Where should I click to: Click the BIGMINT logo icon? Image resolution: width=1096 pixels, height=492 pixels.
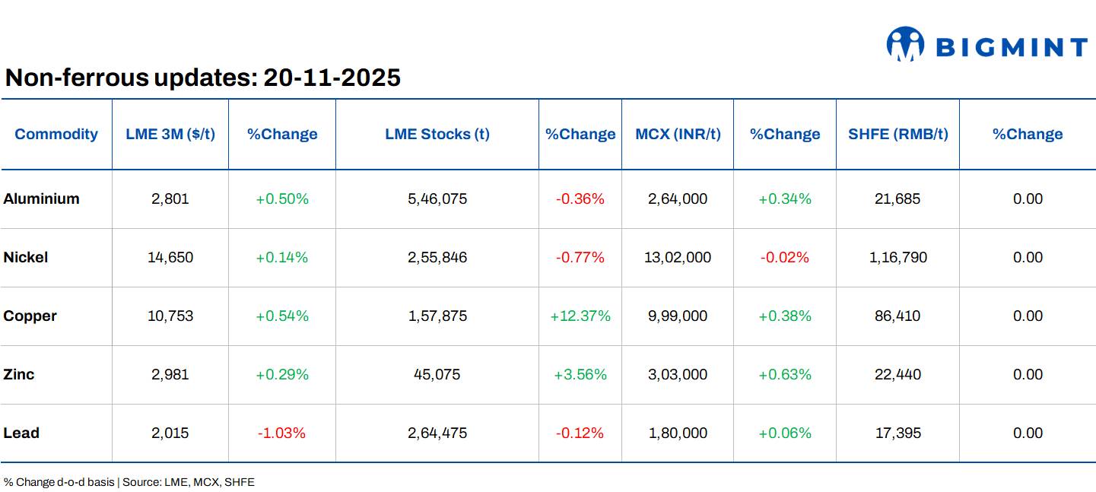pos(905,44)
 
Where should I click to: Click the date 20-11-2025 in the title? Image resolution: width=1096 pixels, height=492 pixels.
pos(332,78)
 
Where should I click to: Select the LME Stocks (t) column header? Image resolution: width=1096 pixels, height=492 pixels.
pos(437,135)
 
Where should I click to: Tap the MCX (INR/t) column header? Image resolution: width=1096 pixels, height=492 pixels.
pos(678,135)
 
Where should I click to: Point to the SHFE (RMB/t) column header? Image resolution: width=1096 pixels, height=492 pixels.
pos(897,135)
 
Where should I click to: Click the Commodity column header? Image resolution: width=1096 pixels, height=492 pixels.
pos(56,135)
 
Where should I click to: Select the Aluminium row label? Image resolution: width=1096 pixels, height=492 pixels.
pos(41,199)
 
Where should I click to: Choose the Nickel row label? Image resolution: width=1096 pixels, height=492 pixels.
pos(26,258)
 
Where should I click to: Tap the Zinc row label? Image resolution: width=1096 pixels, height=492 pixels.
pos(19,375)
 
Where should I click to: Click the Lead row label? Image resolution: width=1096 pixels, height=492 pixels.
pos(21,433)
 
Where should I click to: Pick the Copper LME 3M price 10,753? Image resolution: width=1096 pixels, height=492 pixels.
pos(170,316)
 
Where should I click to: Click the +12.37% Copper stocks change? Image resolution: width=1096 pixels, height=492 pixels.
pos(580,316)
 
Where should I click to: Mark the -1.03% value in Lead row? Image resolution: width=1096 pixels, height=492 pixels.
pos(281,433)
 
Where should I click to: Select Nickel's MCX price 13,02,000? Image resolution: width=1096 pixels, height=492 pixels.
pos(678,258)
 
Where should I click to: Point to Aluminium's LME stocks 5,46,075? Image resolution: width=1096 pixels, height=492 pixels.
pos(437,199)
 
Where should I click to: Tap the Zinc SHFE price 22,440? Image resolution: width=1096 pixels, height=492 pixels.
pos(897,375)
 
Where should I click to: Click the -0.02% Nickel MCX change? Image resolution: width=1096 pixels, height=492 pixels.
pos(784,258)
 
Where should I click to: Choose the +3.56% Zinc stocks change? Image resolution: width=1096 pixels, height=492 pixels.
pos(580,375)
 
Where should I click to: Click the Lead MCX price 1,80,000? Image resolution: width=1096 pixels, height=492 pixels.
pos(678,433)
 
